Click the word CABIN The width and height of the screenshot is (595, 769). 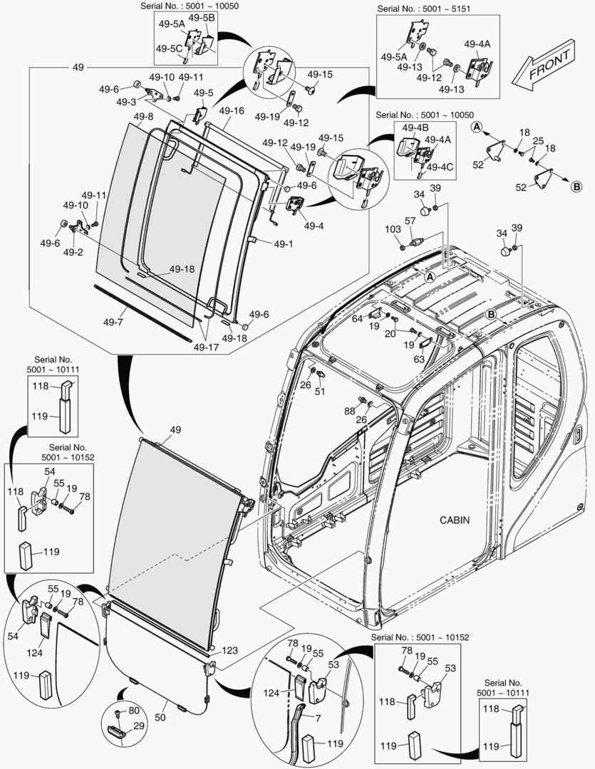tap(454, 520)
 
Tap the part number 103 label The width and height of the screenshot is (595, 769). tap(393, 230)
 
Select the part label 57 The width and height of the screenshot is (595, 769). tap(410, 221)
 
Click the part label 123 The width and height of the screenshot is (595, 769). tap(229, 650)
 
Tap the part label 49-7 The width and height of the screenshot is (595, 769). tap(115, 322)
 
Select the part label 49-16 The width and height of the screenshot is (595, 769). tap(232, 111)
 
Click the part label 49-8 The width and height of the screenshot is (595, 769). tap(143, 116)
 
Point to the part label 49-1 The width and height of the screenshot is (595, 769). tap(283, 244)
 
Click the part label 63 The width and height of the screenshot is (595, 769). tap(419, 360)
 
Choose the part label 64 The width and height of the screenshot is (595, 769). tap(357, 318)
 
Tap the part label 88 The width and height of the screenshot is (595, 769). tap(349, 411)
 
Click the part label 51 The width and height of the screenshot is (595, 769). tap(320, 391)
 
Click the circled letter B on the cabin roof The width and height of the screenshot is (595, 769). tap(491, 314)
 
